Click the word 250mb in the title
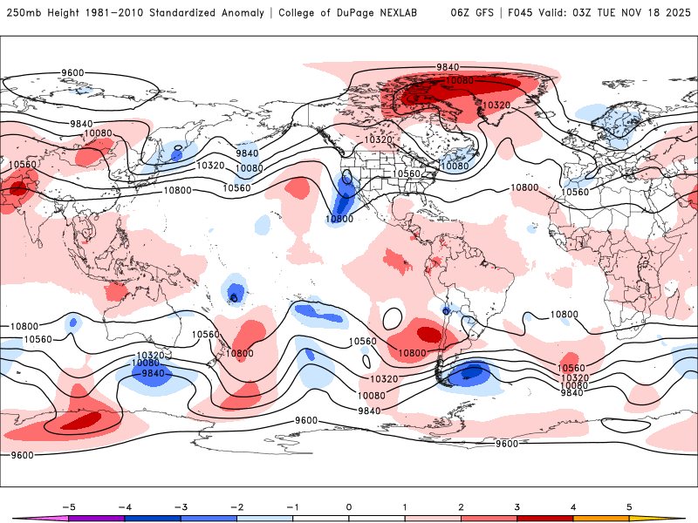point(24,13)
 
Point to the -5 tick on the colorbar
point(70,506)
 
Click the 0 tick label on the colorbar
point(349,506)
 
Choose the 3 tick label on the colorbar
point(517,506)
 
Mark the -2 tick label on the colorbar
point(237,506)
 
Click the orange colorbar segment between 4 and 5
point(600,518)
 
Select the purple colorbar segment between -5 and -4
point(98,518)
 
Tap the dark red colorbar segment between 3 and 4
point(544,518)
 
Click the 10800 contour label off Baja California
point(339,219)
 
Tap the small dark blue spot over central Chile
point(446,310)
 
